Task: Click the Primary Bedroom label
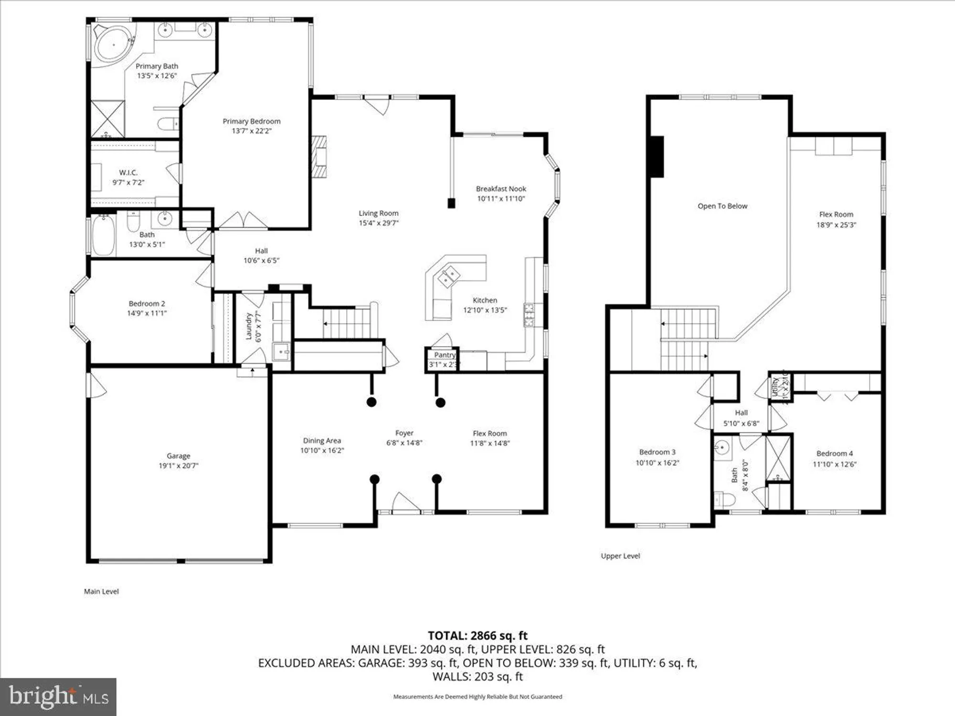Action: click(252, 121)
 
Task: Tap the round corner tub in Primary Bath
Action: click(114, 44)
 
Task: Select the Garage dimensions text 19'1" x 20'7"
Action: click(178, 466)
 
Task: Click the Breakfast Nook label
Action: click(501, 189)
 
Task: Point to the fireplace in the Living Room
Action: click(319, 157)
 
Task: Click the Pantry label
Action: click(444, 355)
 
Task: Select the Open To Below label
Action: click(722, 206)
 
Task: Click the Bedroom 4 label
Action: click(834, 453)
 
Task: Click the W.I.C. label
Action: click(128, 173)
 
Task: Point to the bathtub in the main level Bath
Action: click(103, 235)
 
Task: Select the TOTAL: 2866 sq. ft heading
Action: click(477, 636)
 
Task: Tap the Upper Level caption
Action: click(620, 556)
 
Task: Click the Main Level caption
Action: click(101, 591)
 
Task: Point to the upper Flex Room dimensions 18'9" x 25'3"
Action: click(836, 225)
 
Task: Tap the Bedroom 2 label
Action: click(147, 304)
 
